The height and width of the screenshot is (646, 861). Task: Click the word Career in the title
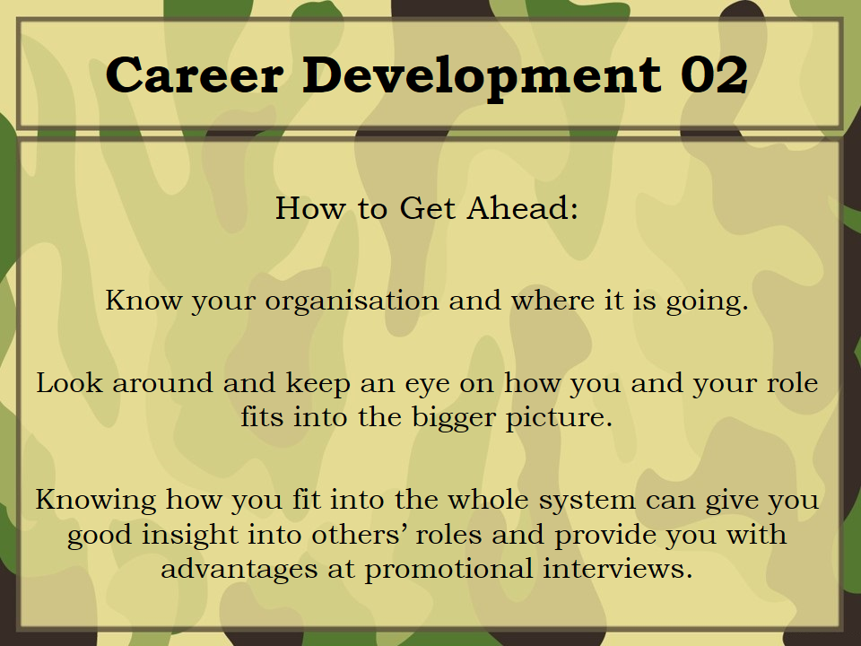[195, 74]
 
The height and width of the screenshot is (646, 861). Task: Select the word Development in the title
[483, 77]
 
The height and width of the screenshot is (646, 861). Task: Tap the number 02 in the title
[715, 74]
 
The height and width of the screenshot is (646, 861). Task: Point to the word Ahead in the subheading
[523, 208]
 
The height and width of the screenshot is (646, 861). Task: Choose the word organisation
[352, 301]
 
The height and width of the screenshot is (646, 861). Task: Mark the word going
[708, 302]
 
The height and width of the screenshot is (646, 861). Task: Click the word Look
[70, 382]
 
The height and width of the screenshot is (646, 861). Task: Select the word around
[162, 383]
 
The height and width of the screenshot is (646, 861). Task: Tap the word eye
[427, 386]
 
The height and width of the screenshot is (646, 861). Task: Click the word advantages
[239, 570]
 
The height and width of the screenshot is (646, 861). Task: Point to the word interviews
[618, 568]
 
